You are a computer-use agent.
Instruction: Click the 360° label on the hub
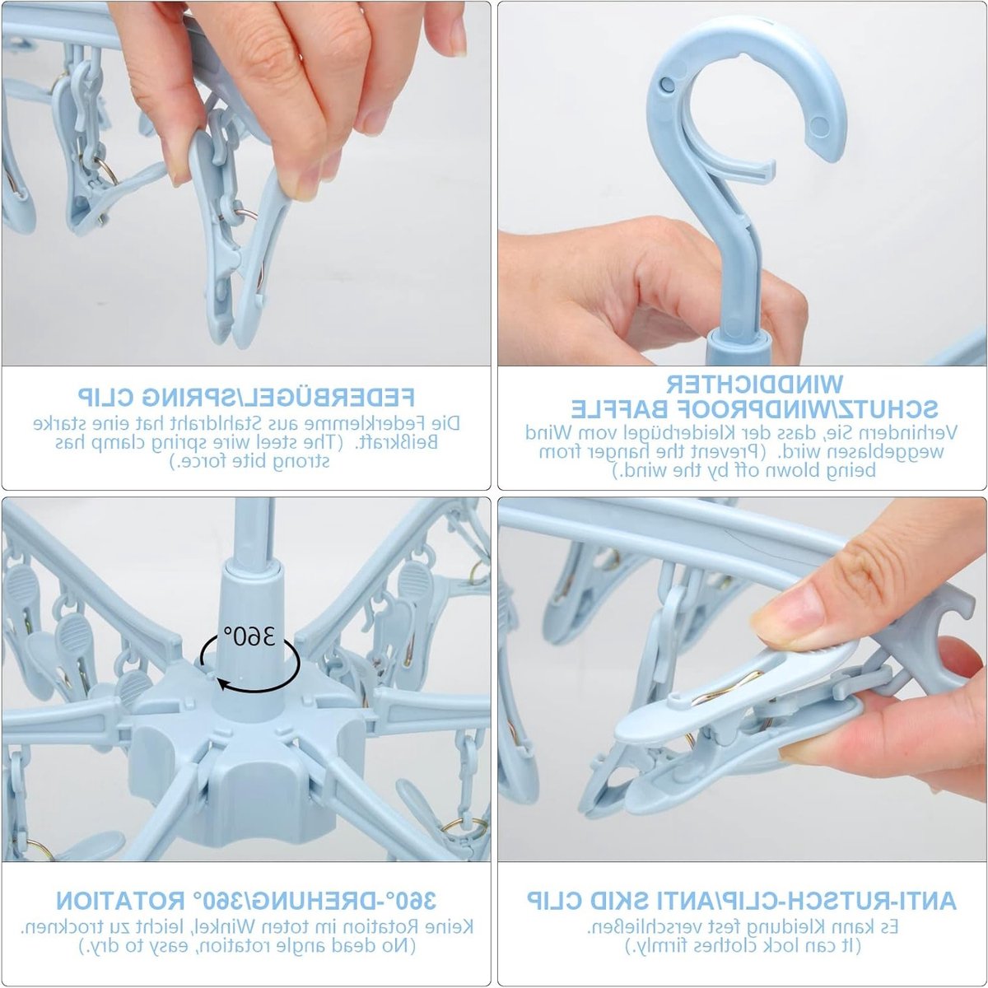[x=249, y=636]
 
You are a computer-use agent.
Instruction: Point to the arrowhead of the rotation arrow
[x=221, y=683]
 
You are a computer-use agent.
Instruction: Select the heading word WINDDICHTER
[x=754, y=384]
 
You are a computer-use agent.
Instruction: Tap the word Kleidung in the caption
[x=796, y=926]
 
